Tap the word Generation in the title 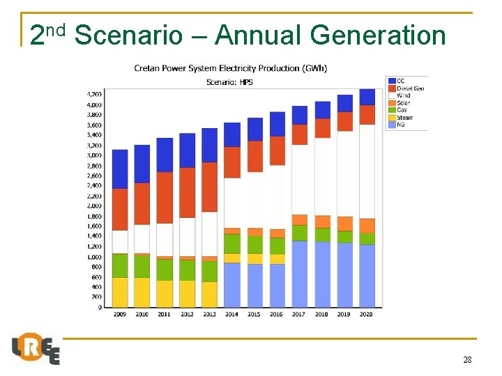[378, 35]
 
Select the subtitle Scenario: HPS [231, 81]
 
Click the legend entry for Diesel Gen [410, 88]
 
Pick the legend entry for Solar [404, 103]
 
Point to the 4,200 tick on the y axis [93, 94]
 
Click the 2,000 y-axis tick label [93, 206]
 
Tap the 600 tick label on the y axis [96, 277]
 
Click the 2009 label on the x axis [120, 315]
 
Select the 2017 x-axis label [299, 315]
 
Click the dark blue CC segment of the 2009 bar [120, 169]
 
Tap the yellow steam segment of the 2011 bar [165, 293]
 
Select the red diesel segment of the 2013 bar [209, 187]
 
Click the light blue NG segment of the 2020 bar [367, 276]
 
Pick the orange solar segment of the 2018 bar [322, 221]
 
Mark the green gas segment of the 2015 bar [255, 244]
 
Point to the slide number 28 [467, 360]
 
